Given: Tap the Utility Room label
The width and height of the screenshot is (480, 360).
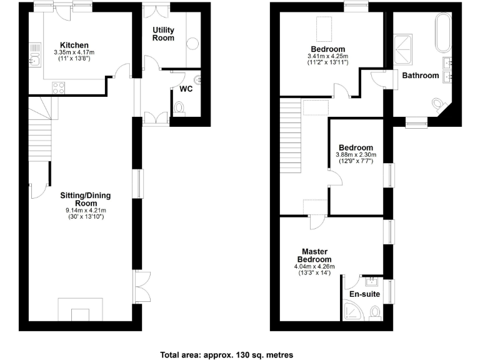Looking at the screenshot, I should click(164, 34).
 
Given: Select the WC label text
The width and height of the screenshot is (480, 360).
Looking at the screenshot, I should click(186, 89).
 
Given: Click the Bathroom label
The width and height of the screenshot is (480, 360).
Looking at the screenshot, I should click(420, 76).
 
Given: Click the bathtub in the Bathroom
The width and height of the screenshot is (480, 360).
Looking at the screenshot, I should click(442, 32).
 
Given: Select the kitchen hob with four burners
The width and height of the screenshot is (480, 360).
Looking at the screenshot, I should click(59, 88).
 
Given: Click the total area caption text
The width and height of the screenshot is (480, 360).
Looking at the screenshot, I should click(226, 354).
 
